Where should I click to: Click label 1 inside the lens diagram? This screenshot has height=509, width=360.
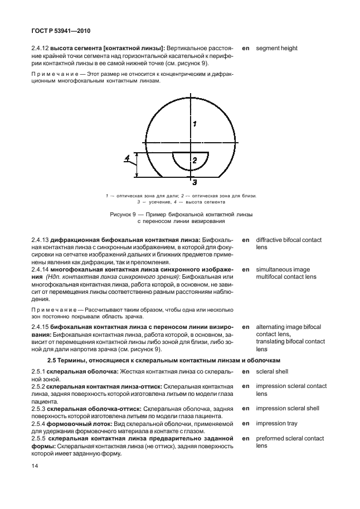(x=193, y=124)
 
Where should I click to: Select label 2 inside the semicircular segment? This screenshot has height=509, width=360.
(x=193, y=160)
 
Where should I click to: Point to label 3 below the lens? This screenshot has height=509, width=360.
(x=193, y=182)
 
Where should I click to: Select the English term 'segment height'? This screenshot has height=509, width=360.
(x=276, y=48)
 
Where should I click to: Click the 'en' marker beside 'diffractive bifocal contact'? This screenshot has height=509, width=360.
(x=245, y=240)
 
